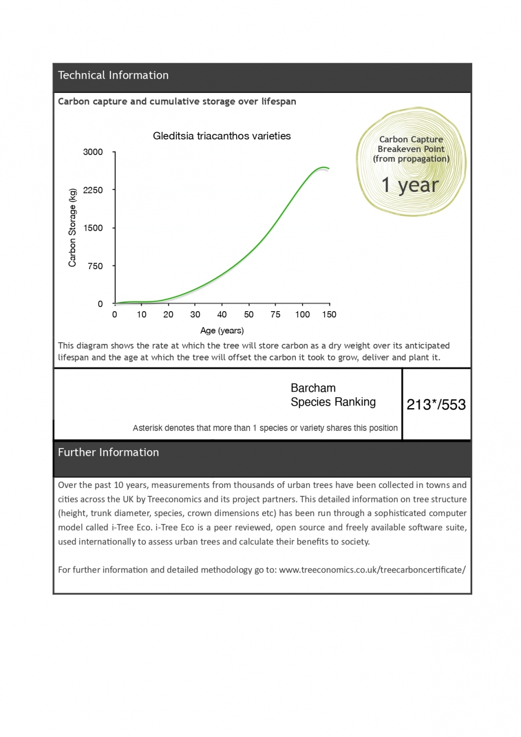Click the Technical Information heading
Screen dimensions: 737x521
(113, 75)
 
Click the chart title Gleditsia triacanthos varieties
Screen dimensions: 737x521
(222, 136)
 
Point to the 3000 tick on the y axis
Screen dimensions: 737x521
(93, 152)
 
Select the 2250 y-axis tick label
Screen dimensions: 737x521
(93, 190)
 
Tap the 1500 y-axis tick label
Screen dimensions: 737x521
(93, 228)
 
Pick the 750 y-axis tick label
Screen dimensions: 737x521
(95, 266)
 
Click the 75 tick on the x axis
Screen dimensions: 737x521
(276, 314)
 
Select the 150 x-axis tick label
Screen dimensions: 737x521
(329, 314)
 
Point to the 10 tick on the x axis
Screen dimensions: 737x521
(142, 314)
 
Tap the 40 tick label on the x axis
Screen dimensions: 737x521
(222, 314)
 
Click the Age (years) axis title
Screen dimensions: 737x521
(222, 330)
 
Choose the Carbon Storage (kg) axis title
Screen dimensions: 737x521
(73, 228)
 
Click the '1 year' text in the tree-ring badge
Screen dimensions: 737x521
(410, 185)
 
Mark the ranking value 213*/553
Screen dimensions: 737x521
(436, 405)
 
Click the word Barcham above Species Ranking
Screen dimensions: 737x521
(313, 388)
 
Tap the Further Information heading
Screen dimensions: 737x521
(108, 452)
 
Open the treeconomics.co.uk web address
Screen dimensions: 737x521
(372, 569)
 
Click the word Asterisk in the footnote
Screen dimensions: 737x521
(147, 428)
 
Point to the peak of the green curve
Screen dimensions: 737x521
(323, 167)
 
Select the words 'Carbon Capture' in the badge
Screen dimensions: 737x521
(411, 139)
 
